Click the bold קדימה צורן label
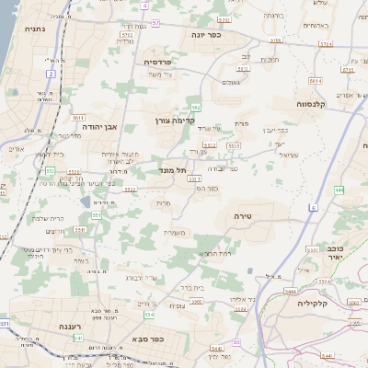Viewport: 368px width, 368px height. coord(174,121)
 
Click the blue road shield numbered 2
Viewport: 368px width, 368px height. coord(51,74)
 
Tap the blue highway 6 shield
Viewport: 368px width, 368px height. coord(313,208)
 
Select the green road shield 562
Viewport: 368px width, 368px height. coord(195,109)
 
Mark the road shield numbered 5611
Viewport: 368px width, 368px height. coord(78,119)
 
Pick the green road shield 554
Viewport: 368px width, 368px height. coord(149,315)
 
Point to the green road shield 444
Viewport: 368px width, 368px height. coord(339,190)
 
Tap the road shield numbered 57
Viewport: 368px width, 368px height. coord(155,23)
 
